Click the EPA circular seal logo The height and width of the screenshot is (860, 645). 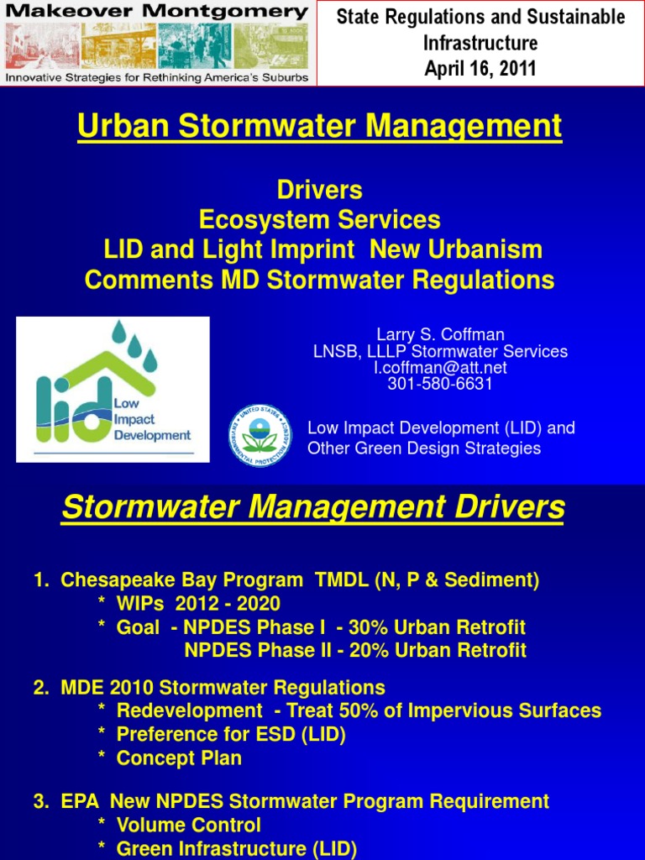pos(260,436)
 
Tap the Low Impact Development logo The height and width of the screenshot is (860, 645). pos(113,390)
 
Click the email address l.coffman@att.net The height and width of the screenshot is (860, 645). pos(440,368)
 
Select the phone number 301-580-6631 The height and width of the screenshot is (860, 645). pos(440,383)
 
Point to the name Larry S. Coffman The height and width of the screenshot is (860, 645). pos(440,334)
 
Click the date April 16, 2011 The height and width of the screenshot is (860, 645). pos(480,69)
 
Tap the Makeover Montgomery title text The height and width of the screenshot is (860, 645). pos(157,12)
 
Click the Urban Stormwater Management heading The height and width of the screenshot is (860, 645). pos(320,126)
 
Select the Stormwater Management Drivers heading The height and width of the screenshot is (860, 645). pos(313,506)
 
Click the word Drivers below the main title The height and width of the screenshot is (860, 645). pos(320,190)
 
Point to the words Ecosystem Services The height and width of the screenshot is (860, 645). pos(320,219)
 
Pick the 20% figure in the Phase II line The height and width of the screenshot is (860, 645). pos(369,650)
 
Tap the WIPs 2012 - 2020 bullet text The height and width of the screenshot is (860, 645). pos(198,603)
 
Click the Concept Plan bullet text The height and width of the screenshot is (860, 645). pos(179,758)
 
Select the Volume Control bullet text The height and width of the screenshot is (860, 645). pos(189,825)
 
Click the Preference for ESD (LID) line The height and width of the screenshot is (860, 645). pos(231,734)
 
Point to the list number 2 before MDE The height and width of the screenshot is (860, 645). pos(41,688)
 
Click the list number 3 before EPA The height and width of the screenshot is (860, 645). pos(41,801)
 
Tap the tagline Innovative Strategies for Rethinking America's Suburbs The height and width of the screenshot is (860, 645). pos(157,78)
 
